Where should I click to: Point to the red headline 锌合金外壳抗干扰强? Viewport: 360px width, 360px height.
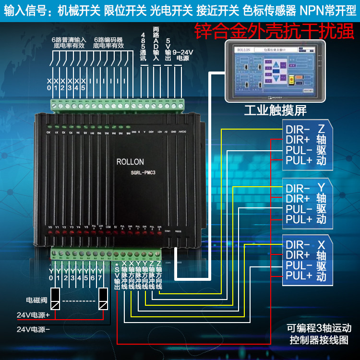tap(274, 32)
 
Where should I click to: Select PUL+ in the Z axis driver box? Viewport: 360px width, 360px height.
tap(299, 160)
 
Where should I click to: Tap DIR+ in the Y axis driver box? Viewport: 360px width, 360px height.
tap(298, 198)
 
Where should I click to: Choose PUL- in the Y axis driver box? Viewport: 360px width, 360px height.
tap(299, 209)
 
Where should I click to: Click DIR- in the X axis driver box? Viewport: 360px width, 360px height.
tap(298, 244)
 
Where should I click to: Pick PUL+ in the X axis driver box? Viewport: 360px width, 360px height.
tap(299, 276)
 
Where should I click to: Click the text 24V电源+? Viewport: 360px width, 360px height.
tap(33, 316)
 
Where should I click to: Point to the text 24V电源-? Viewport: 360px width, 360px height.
tap(33, 329)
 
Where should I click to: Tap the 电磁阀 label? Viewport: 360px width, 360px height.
tap(36, 300)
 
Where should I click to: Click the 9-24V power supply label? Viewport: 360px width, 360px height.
tap(183, 54)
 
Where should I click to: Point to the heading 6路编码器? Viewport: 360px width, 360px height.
tap(108, 39)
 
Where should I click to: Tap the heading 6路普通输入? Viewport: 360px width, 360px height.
tap(69, 39)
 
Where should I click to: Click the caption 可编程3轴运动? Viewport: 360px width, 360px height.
tap(319, 329)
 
